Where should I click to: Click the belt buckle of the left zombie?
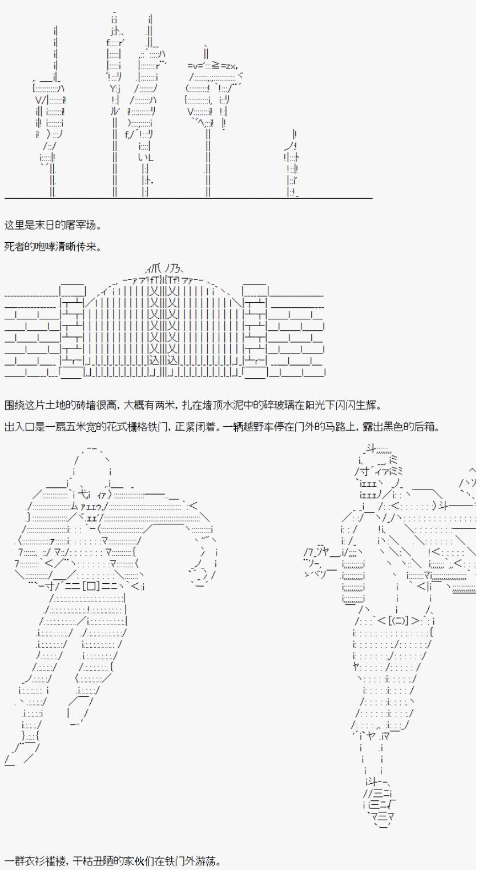click(x=88, y=586)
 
